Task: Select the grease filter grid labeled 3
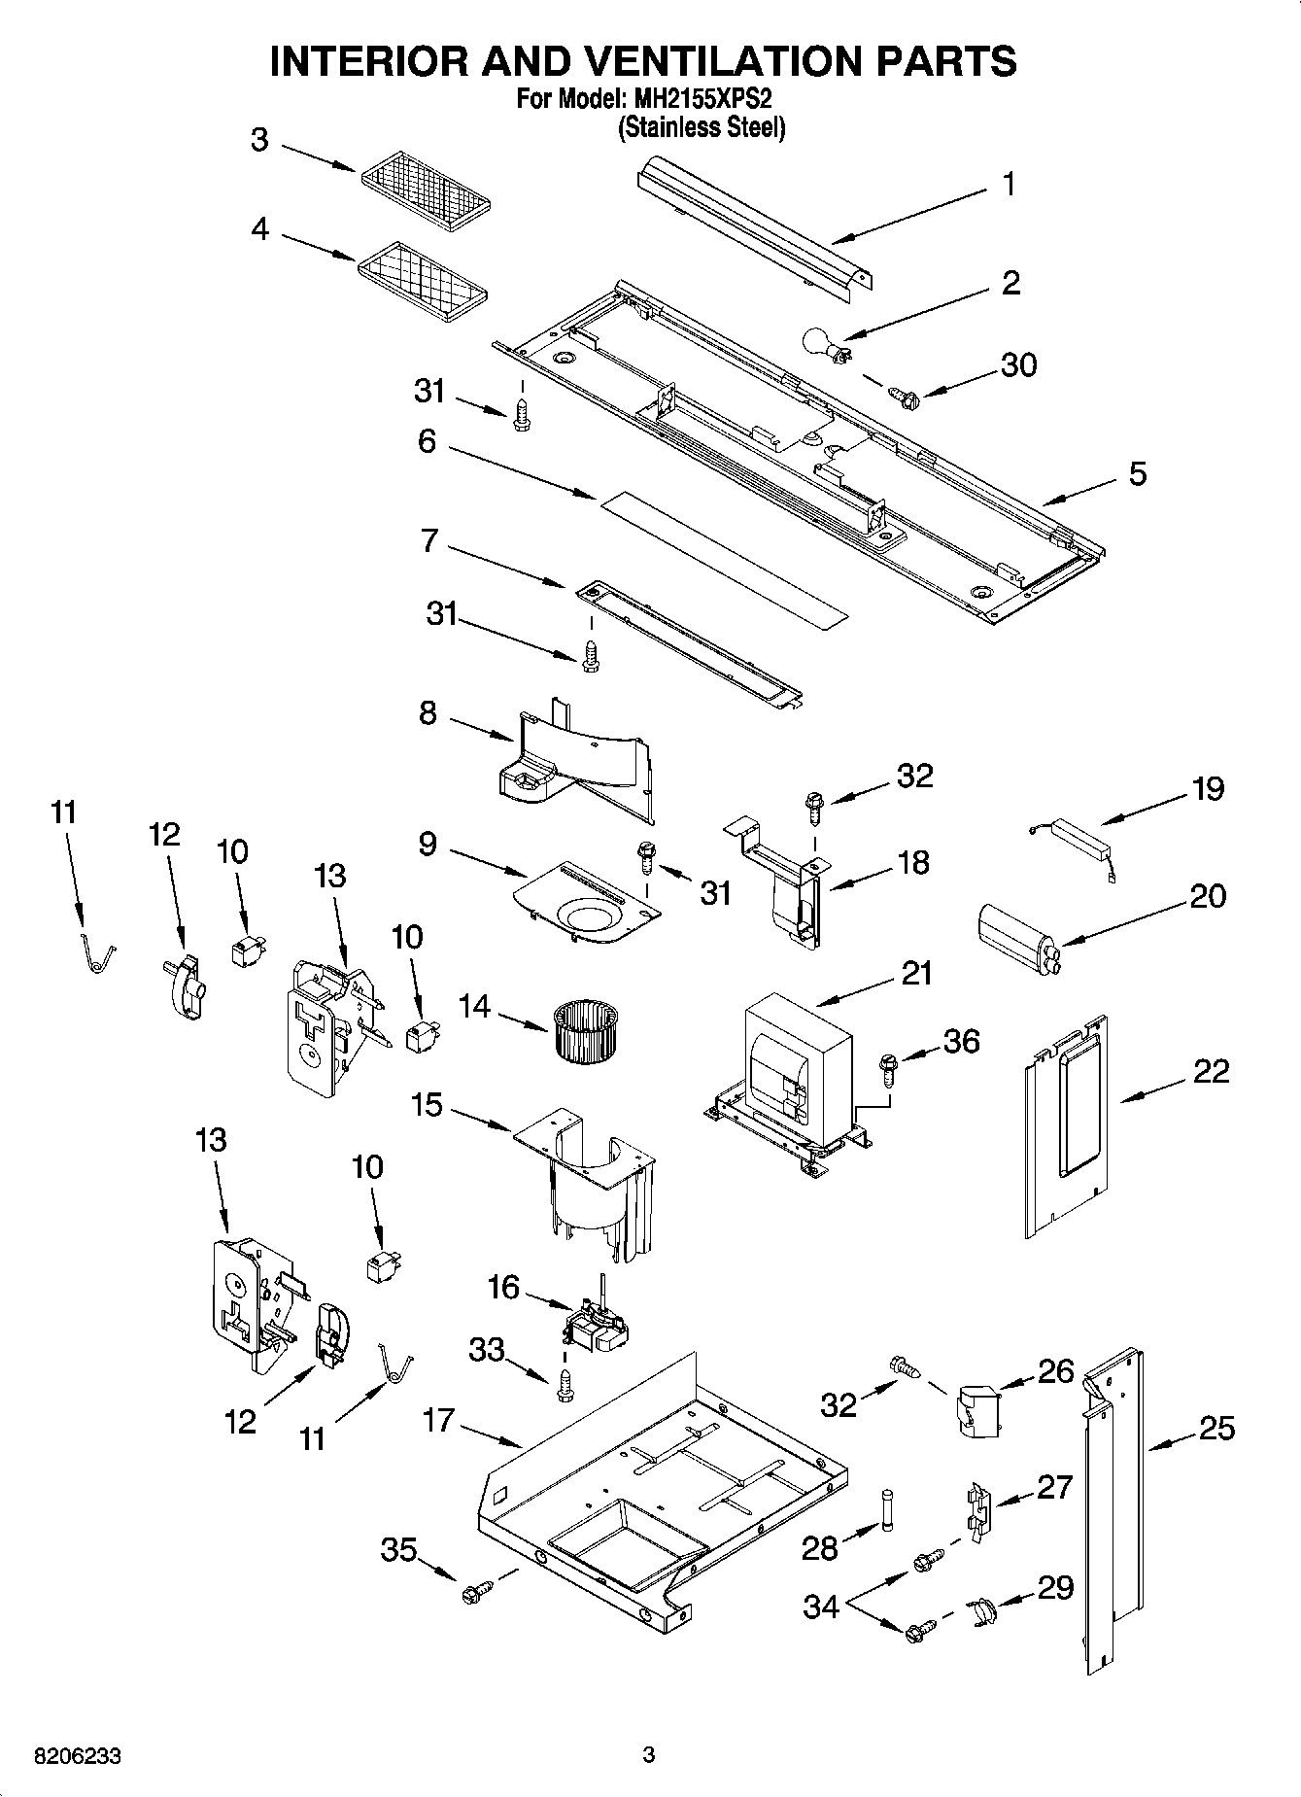coord(425,188)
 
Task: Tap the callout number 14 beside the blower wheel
coord(474,1007)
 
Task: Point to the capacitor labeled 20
coord(1015,933)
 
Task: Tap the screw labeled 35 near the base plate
coord(477,1590)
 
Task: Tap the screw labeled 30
coord(903,395)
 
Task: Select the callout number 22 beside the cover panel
coord(1210,1071)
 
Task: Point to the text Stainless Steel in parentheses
coord(702,127)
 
